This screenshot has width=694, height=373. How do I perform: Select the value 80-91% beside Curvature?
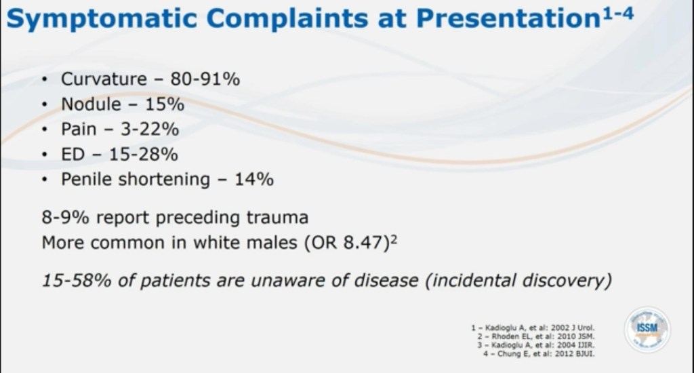205,79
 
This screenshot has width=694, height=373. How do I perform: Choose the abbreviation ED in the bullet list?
73,154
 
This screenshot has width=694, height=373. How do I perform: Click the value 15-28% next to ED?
144,154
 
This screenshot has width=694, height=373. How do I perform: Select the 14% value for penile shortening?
254,179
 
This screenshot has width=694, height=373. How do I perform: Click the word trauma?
275,218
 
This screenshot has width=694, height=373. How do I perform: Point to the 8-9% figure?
64,218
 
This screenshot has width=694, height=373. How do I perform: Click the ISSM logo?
647,329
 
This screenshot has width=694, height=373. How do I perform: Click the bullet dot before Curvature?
45,80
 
